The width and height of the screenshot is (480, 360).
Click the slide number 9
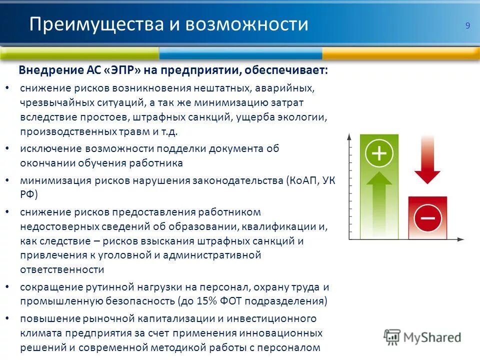tap(467, 26)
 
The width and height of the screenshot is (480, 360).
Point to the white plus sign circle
tap(379, 153)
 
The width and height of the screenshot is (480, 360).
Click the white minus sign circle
tap(427, 217)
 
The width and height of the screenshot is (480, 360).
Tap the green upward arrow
tap(379, 202)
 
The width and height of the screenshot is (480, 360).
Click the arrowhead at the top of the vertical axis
tap(348, 136)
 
